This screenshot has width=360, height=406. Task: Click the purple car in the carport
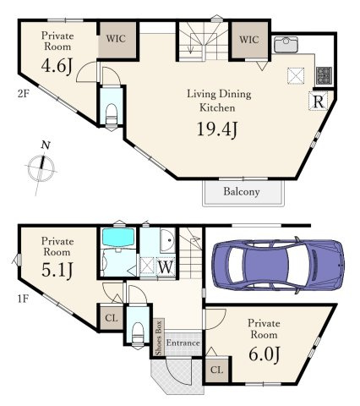(278, 266)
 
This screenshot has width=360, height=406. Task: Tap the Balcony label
(242, 192)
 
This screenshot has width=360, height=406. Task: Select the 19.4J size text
(217, 129)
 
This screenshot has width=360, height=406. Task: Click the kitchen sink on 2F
(286, 45)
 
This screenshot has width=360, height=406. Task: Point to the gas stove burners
(324, 75)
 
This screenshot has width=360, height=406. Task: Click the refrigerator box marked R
(319, 101)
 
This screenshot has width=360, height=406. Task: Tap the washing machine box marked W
(166, 266)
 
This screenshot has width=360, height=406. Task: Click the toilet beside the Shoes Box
(138, 332)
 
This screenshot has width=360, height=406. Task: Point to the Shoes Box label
(159, 337)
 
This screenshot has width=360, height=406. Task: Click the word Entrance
(183, 343)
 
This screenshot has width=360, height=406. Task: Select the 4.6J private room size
(57, 67)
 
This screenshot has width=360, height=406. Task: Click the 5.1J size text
(57, 270)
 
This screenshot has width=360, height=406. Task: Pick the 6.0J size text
(265, 354)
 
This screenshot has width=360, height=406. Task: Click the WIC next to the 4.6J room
(116, 39)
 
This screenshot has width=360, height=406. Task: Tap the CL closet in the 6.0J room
(216, 370)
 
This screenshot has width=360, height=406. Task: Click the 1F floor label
(23, 299)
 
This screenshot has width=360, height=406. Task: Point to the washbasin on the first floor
(167, 240)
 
